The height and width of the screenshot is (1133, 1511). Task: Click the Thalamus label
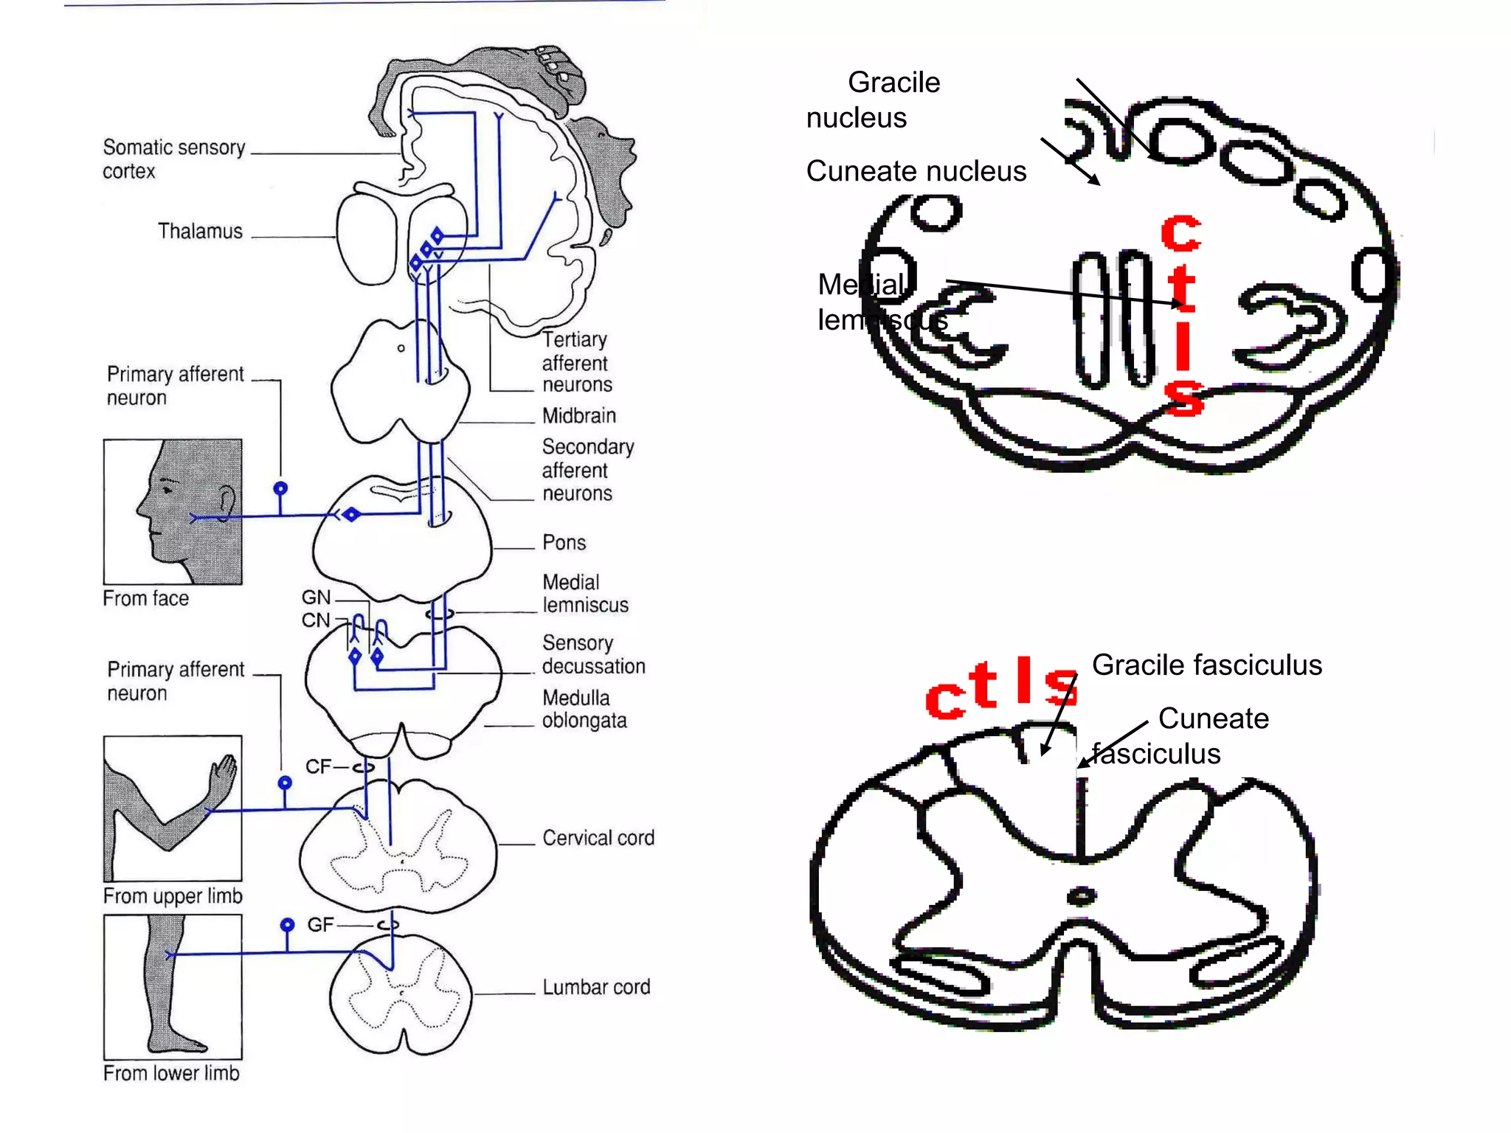click(x=200, y=231)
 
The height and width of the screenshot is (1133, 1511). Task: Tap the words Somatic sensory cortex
click(x=173, y=159)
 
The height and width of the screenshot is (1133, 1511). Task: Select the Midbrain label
click(x=578, y=415)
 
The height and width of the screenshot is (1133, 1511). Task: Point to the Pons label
click(x=564, y=542)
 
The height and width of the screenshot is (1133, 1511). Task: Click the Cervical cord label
click(x=598, y=838)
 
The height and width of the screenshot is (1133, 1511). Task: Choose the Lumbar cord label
click(x=596, y=987)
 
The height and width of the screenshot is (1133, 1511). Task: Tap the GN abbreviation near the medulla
click(x=316, y=597)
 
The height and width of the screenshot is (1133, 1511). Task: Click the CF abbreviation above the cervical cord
click(x=319, y=766)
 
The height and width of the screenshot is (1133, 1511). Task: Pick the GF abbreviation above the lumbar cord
click(x=320, y=924)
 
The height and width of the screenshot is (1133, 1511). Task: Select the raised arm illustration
click(x=173, y=808)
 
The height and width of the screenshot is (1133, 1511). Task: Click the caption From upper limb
click(x=173, y=895)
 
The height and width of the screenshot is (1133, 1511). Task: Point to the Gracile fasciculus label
click(x=1206, y=665)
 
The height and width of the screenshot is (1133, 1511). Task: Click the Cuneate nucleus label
click(x=916, y=171)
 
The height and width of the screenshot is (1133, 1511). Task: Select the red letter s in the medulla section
click(x=1183, y=398)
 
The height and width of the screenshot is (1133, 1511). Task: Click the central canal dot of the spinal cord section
click(x=1082, y=896)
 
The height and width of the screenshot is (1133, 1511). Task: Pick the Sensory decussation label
click(x=592, y=654)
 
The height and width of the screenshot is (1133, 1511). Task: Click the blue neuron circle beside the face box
click(x=280, y=488)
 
